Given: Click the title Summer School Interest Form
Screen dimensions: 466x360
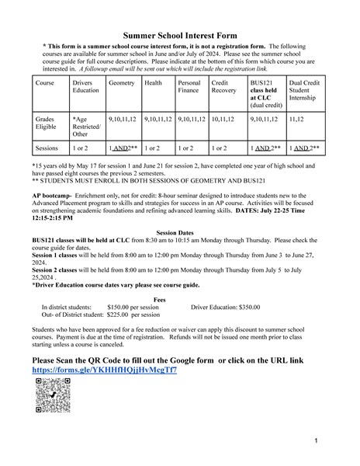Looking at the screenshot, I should (179, 36).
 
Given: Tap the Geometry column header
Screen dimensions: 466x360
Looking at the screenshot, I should (122, 82).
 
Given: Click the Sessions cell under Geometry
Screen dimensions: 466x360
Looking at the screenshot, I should (123, 147).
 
